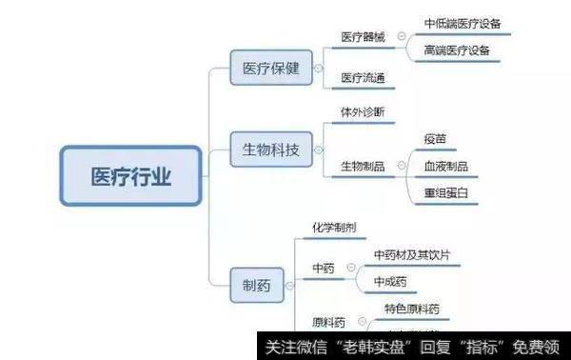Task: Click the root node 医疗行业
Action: click(131, 176)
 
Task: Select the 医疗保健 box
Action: click(271, 69)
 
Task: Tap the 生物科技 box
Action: click(271, 150)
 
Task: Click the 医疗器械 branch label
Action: click(363, 37)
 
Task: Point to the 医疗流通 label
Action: click(363, 77)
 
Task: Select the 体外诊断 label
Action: click(363, 111)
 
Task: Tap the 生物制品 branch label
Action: click(363, 167)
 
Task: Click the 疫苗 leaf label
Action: click(435, 140)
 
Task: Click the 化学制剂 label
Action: click(335, 229)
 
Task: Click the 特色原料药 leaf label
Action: click(412, 309)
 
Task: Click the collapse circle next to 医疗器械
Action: click(401, 37)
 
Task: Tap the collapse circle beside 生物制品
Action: click(401, 167)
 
